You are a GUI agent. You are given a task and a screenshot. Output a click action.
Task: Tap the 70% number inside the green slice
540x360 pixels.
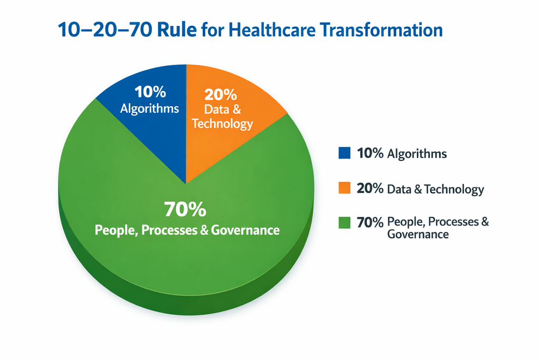point(185,209)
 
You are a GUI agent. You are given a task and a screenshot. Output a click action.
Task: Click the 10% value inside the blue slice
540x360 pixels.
point(150,92)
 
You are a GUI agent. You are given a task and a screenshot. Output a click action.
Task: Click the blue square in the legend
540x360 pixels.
point(344,153)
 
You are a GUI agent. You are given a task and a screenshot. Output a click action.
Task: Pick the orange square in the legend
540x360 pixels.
point(344,188)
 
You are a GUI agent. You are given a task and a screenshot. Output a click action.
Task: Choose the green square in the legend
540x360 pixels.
point(344,222)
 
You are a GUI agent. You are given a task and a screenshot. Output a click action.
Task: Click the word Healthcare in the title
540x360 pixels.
point(271,30)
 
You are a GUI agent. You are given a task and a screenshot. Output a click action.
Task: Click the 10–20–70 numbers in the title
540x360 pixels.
point(101,30)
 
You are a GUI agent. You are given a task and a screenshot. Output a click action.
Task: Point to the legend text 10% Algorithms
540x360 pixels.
point(402,154)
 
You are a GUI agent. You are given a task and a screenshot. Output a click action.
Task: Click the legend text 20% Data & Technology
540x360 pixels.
point(420,189)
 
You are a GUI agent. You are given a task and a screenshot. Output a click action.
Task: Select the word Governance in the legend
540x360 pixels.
point(418,235)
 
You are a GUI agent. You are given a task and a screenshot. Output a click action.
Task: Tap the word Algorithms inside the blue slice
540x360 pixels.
point(150,109)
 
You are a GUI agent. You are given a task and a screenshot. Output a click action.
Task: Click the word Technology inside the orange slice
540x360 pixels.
point(223,124)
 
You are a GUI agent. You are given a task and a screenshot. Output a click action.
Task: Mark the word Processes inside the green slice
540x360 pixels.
point(175,230)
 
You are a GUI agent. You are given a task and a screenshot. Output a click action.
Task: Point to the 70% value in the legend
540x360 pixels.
point(370,222)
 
